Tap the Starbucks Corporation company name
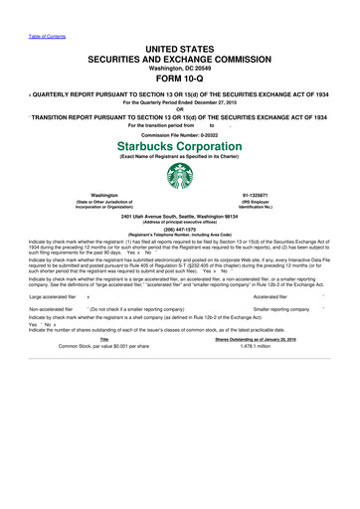click(180, 145)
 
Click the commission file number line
click(180, 132)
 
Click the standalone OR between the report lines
click(180, 109)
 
